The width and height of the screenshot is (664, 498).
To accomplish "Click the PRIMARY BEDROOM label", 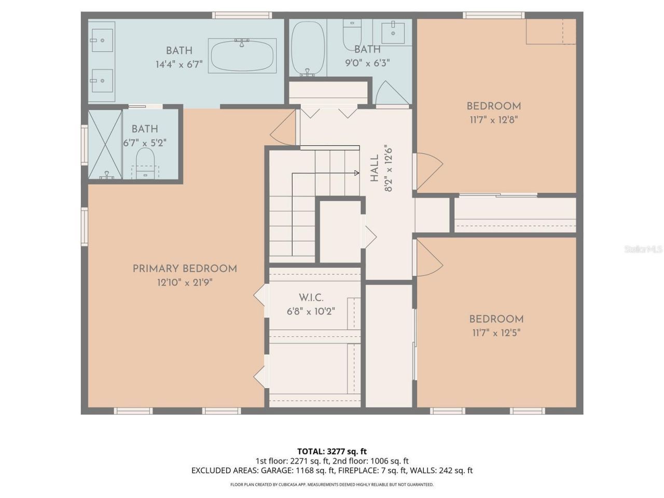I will (x=185, y=269).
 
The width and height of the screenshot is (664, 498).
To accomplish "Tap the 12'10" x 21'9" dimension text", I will (x=185, y=283).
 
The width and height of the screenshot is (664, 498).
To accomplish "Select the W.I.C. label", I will (x=311, y=298).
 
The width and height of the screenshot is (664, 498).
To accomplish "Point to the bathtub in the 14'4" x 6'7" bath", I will (x=242, y=55).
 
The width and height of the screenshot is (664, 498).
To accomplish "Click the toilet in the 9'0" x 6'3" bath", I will (x=352, y=32).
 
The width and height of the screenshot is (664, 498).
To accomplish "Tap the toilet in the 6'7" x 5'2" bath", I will (x=145, y=161).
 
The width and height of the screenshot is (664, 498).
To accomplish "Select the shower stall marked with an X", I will (x=105, y=144).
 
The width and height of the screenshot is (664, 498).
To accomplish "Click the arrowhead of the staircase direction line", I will (x=357, y=173).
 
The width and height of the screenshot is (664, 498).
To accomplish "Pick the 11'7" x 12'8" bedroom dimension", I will (x=493, y=119).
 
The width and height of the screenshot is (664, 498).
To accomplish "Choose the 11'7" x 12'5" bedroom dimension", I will (x=496, y=333).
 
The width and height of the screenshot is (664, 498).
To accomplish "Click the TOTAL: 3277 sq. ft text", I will (x=332, y=451).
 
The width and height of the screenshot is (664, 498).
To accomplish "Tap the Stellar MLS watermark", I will (x=643, y=250).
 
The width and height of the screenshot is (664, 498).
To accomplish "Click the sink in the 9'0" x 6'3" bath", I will (x=393, y=33).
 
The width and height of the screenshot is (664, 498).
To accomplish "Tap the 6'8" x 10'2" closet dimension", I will (x=311, y=312).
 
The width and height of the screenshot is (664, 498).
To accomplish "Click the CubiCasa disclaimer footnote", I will (x=332, y=485).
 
